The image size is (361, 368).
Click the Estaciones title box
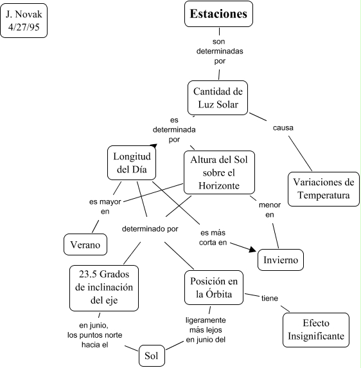point(218,14)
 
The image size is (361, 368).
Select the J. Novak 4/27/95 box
point(24,21)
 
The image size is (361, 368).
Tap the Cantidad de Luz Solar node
point(218,98)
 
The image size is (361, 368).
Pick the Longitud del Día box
point(132,163)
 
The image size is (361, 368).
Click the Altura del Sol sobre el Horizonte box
point(219,172)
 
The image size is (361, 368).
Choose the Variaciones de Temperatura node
point(324,189)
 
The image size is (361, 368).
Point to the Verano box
point(85,244)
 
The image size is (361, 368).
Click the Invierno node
point(281,260)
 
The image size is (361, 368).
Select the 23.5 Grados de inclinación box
point(104,288)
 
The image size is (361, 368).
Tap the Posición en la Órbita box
point(214,288)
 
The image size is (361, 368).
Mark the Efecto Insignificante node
point(316,330)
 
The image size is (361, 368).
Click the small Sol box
point(152,356)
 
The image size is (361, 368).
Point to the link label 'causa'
point(283,128)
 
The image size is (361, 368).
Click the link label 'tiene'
point(270,299)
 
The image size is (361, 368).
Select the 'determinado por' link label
point(150,229)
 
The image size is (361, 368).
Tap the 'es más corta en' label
point(213,237)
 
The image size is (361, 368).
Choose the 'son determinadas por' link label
point(220,51)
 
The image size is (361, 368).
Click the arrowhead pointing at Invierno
point(252,250)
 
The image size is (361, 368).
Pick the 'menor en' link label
point(270,210)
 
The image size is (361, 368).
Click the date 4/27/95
point(24,27)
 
